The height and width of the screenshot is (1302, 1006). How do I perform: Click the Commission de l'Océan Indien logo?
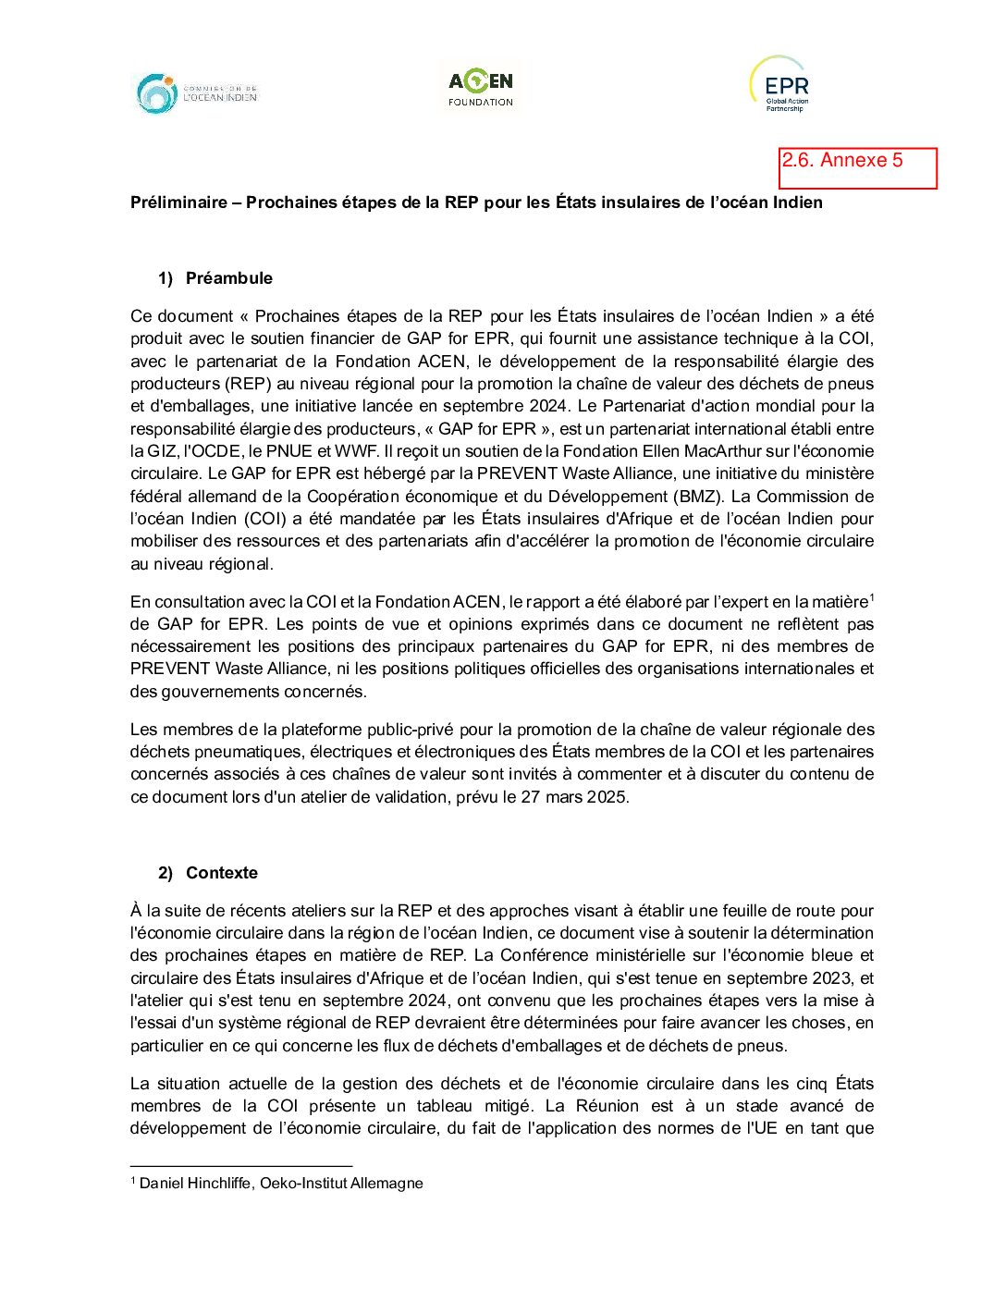click(197, 94)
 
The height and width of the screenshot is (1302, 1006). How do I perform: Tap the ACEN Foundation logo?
click(481, 89)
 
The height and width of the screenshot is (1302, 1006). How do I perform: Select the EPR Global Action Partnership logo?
click(781, 85)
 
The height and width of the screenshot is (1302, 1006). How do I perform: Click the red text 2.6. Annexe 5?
click(842, 160)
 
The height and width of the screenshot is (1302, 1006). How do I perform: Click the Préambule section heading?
click(229, 278)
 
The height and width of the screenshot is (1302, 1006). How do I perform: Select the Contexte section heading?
click(222, 873)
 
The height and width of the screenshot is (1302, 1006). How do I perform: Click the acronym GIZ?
click(160, 451)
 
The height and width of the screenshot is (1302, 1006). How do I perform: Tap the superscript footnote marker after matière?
click(872, 597)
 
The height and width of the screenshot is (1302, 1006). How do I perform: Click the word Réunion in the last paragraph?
click(607, 1106)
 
